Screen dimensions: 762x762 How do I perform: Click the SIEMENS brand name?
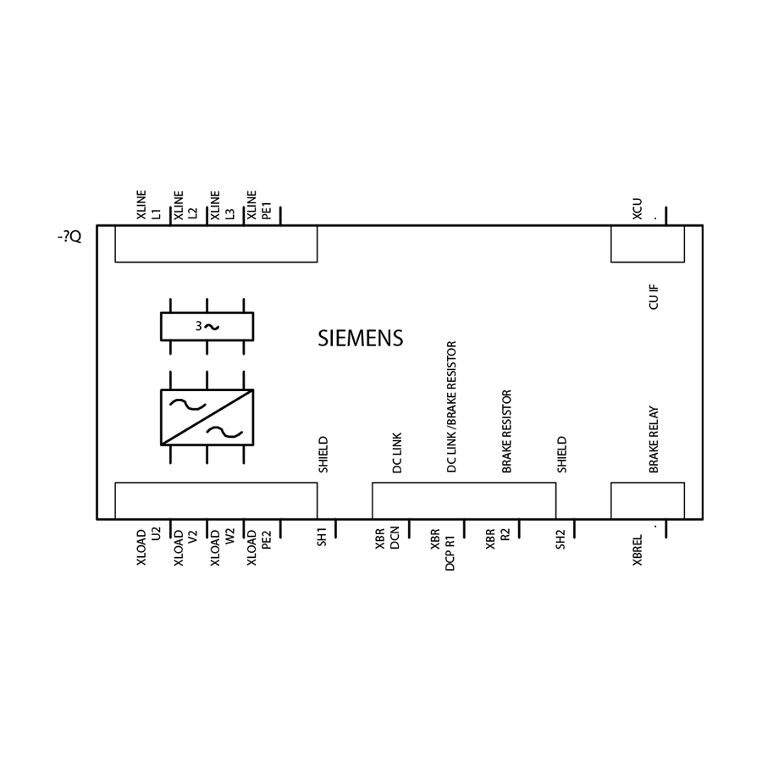pos(360,338)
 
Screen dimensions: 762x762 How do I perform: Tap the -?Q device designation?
pos(69,237)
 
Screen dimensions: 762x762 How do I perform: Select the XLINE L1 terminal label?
pos(148,205)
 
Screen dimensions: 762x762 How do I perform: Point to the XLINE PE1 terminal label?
pos(258,205)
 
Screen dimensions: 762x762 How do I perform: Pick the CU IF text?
pos(654,297)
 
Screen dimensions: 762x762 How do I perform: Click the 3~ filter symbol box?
pos(207,327)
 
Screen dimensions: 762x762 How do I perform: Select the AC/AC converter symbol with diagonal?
pos(207,417)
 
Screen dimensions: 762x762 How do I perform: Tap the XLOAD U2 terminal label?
pos(148,547)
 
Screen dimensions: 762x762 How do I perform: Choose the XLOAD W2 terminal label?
pos(222,547)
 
